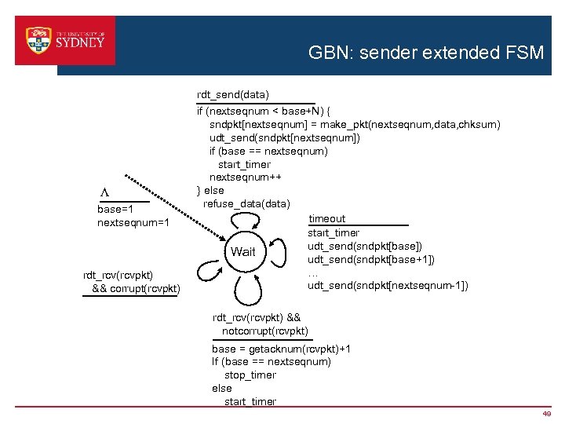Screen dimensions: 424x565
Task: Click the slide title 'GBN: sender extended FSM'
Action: point(425,53)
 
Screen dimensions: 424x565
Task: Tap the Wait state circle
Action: point(242,252)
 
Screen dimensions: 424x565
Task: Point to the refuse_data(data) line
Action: point(246,204)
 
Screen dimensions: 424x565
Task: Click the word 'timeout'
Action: point(327,219)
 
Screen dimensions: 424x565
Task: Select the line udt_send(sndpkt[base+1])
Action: point(371,260)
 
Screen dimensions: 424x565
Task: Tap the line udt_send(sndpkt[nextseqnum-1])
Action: point(388,286)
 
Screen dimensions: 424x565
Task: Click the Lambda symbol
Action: point(104,193)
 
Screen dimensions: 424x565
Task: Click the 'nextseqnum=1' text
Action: point(133,224)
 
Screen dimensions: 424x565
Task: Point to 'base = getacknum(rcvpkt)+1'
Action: point(282,349)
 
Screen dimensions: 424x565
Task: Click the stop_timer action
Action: point(250,375)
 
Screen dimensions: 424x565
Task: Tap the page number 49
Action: point(546,414)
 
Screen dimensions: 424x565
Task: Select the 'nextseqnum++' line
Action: point(245,177)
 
